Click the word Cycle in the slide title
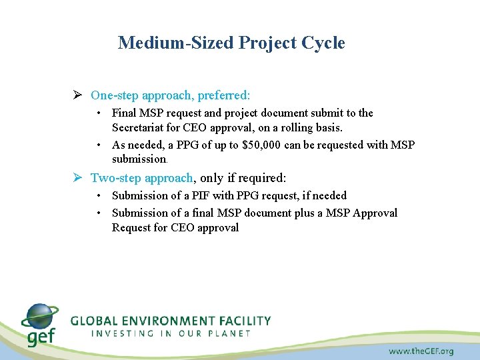(323, 43)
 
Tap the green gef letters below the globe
(40, 337)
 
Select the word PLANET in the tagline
(227, 333)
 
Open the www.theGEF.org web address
(421, 351)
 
